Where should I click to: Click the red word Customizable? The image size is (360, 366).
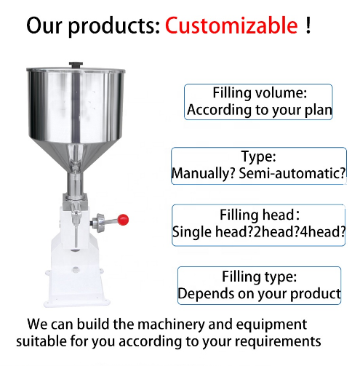pos(231,25)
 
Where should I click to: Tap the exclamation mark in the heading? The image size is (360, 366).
pos(308,25)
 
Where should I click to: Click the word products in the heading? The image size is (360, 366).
pos(114,27)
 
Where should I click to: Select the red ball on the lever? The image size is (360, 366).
pos(123,220)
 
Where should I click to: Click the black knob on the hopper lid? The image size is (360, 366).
pos(76,65)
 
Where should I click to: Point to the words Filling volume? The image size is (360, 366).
pos(260,93)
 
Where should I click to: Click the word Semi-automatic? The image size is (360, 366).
pos(292,174)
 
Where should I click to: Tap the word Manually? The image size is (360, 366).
pos(204,174)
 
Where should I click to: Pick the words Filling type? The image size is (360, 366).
pos(260,277)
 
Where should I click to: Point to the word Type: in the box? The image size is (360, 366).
pos(258,156)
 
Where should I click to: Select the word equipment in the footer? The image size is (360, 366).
pos(271,325)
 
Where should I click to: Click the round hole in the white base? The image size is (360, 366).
pos(76,269)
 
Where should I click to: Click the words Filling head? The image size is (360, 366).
pos(257,215)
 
